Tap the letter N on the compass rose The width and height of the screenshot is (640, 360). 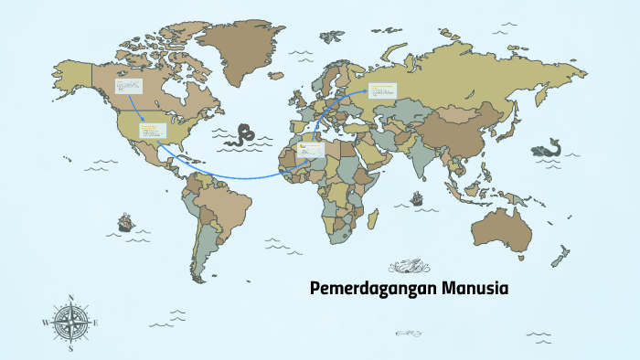tap(70, 298)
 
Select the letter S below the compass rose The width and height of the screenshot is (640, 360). tap(70, 348)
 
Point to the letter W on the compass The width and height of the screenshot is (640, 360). tap(45, 323)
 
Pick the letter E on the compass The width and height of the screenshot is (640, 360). tap(96, 323)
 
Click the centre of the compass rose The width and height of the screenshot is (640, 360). tap(70, 322)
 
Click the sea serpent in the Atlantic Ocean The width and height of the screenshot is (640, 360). tap(244, 134)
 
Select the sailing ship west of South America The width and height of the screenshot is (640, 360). tap(123, 222)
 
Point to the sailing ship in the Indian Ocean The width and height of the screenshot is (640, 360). tap(417, 196)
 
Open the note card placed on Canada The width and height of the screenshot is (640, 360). tap(128, 87)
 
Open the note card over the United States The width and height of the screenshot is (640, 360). tap(153, 131)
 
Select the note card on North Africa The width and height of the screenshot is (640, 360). tap(311, 149)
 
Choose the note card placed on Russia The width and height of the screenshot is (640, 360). tap(382, 90)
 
